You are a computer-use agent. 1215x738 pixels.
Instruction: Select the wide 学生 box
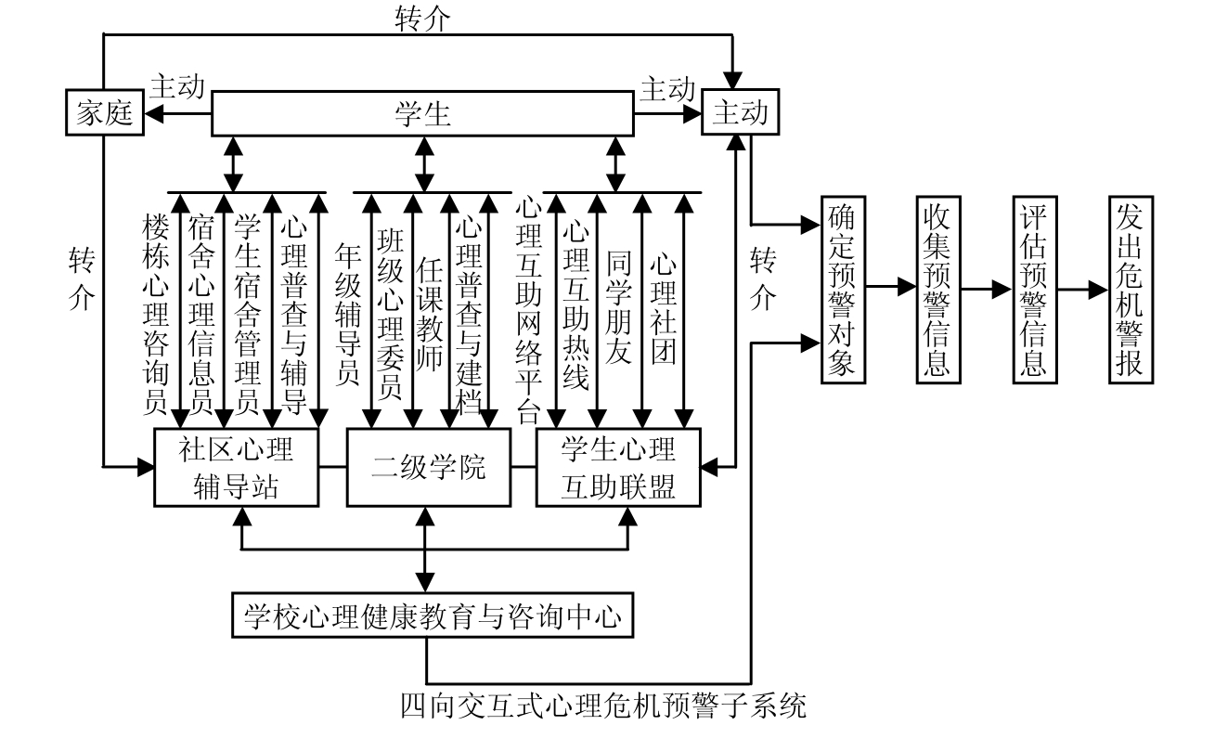click(x=422, y=114)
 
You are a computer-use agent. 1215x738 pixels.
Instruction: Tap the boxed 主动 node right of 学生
click(x=739, y=113)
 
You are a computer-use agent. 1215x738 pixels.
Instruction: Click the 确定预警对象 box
click(x=841, y=290)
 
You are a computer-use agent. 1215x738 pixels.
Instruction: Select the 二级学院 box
click(x=429, y=468)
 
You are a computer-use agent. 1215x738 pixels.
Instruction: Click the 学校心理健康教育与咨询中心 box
click(x=433, y=616)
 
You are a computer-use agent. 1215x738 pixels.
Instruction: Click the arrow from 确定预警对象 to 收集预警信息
click(x=888, y=289)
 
